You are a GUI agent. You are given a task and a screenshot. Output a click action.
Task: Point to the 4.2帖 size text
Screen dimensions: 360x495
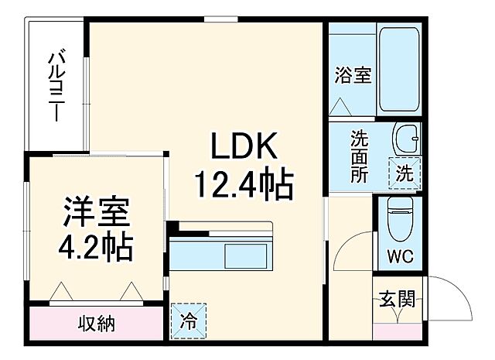tap(97, 249)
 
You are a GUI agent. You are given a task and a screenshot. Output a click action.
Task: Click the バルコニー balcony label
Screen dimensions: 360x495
tap(56, 85)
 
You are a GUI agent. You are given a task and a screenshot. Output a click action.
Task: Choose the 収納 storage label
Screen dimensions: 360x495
tap(97, 324)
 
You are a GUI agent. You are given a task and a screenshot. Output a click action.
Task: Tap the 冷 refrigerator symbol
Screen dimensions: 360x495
tap(189, 319)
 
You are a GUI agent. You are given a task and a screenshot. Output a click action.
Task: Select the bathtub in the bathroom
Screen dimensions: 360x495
tap(398, 70)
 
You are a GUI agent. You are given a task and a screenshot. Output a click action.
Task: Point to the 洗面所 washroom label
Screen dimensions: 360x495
tap(359, 155)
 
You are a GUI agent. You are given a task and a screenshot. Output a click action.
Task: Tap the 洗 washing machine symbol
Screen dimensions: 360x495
tap(405, 173)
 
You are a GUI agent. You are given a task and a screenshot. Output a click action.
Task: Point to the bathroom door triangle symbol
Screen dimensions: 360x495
tap(341, 106)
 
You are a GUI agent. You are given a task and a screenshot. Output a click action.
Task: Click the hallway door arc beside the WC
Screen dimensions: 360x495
tap(348, 248)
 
